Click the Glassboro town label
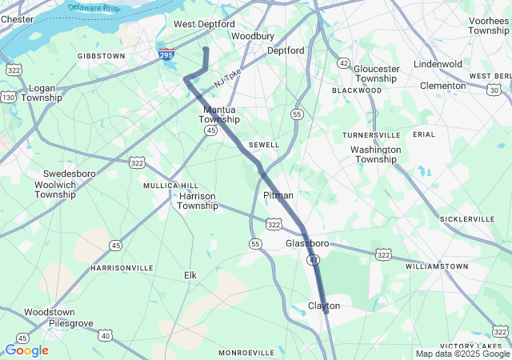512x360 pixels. click(308, 242)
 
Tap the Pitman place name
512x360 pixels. click(278, 195)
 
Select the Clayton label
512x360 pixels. click(324, 306)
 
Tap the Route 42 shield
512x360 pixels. click(343, 62)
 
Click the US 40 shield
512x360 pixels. click(106, 335)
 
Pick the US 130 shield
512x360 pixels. click(8, 97)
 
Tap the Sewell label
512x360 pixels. click(264, 145)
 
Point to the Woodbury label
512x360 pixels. click(253, 36)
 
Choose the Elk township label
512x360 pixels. click(190, 275)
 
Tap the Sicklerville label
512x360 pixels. click(467, 218)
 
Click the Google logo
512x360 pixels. click(26, 350)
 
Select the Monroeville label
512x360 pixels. click(246, 352)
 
